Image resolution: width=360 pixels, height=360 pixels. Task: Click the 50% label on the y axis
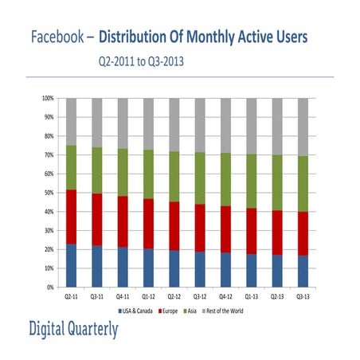pyautogui.click(x=47, y=193)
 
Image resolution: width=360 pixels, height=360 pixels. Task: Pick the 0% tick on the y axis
pyautogui.click(x=49, y=287)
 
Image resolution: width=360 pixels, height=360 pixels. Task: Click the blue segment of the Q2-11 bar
pyautogui.click(x=72, y=265)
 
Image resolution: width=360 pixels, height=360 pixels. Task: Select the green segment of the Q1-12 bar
pyautogui.click(x=149, y=174)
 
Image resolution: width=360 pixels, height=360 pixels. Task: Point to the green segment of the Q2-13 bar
pyautogui.click(x=278, y=182)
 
